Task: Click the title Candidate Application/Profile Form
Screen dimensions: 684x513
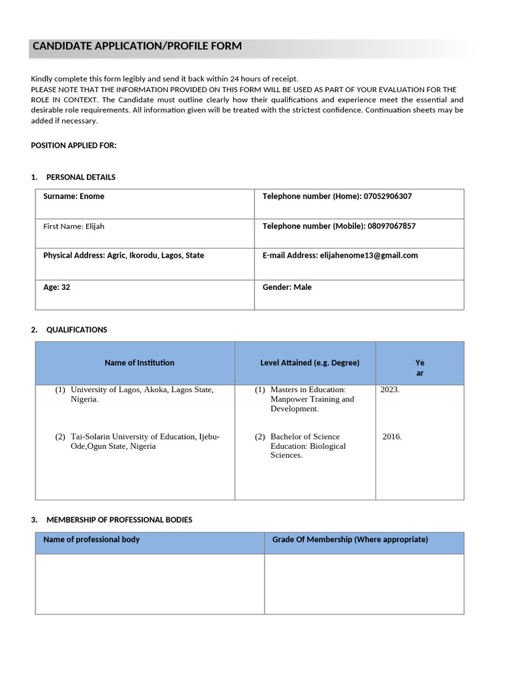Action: (x=137, y=46)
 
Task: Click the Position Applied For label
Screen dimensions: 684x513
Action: (x=73, y=146)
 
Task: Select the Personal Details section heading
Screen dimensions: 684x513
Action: (x=80, y=177)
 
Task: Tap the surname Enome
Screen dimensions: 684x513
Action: (x=92, y=196)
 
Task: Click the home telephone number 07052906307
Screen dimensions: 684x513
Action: (x=387, y=196)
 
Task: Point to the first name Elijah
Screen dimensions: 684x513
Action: (x=95, y=226)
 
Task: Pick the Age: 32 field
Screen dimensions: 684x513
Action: (x=57, y=287)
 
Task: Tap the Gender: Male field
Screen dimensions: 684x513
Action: (x=287, y=287)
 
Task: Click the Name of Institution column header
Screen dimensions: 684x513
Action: (x=140, y=363)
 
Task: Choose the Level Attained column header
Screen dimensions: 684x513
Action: (x=310, y=363)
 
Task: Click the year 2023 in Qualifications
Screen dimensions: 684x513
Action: (x=389, y=389)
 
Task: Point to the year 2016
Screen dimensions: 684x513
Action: (x=392, y=437)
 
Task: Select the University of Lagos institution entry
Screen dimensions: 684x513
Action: (x=142, y=394)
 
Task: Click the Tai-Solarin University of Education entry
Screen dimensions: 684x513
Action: (x=144, y=442)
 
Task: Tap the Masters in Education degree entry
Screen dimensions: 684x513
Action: (x=312, y=399)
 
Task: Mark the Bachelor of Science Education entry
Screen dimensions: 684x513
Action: (x=308, y=446)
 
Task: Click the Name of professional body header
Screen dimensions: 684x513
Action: (x=92, y=540)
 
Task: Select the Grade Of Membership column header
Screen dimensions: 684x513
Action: (x=350, y=540)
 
